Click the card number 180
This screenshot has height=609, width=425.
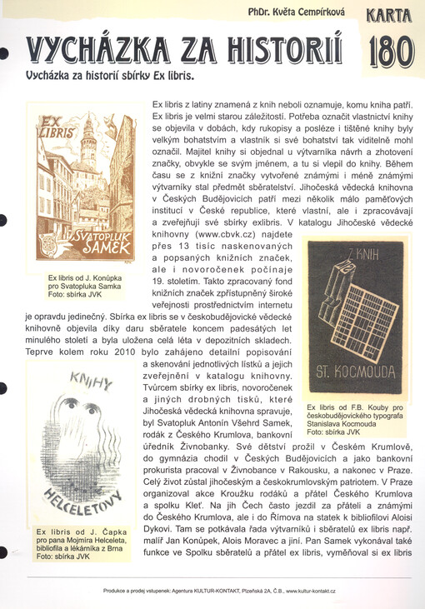390,52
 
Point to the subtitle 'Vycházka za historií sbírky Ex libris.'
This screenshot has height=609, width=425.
110,75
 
